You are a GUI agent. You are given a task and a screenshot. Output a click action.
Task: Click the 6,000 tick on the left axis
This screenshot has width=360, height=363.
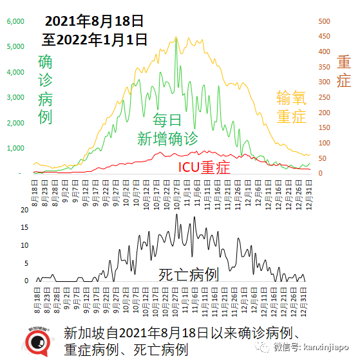tap(15, 21)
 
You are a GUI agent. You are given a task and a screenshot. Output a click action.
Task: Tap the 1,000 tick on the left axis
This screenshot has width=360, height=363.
tap(15, 149)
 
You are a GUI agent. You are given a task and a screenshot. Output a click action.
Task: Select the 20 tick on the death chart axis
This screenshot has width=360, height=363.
tap(25, 210)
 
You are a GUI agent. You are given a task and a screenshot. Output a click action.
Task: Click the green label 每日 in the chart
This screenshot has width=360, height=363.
tap(167, 120)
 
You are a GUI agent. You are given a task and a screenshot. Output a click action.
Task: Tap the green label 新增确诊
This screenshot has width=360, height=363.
tap(167, 138)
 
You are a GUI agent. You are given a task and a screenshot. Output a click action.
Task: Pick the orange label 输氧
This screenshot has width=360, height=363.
tap(291, 98)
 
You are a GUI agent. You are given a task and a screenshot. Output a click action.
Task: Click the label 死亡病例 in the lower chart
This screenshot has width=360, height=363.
tap(189, 275)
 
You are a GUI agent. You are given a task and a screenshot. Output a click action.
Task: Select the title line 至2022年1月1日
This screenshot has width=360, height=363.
tap(95, 39)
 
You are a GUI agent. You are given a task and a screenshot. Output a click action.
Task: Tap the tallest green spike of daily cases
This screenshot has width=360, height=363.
tap(176, 40)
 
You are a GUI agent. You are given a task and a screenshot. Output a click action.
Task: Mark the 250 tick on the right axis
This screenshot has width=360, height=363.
tap(327, 97)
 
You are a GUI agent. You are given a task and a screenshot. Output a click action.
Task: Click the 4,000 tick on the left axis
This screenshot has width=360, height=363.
tap(15, 72)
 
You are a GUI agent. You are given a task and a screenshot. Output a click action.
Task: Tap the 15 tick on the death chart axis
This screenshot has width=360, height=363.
tap(25, 228)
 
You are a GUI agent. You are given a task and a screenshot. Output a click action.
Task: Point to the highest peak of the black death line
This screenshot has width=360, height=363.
tap(176, 214)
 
